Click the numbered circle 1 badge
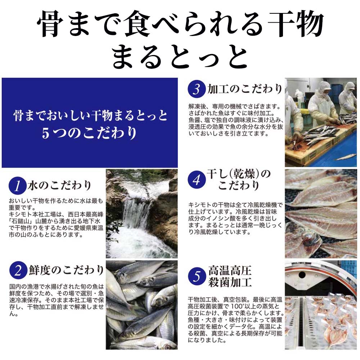(17, 186)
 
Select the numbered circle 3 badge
(197, 89)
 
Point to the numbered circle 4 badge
(197, 180)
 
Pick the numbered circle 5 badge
(197, 276)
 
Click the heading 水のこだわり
(60, 185)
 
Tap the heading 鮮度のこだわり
(66, 270)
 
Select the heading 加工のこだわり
(245, 89)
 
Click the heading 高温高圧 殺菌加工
(230, 276)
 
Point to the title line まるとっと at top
(180, 57)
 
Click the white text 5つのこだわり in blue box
(89, 133)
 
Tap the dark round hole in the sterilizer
(302, 274)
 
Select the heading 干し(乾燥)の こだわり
(239, 180)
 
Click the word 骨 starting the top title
(50, 24)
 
